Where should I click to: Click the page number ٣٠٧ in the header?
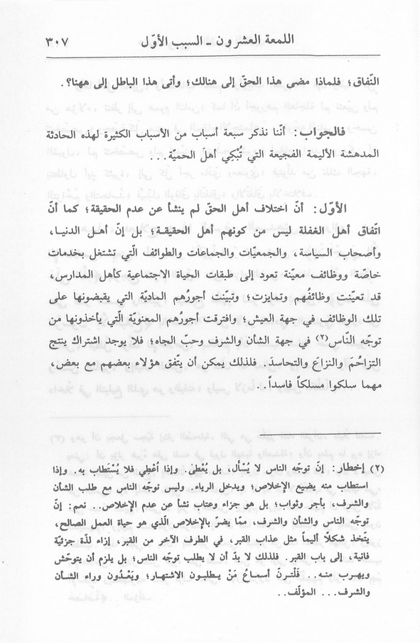63,33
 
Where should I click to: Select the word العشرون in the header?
230,33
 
